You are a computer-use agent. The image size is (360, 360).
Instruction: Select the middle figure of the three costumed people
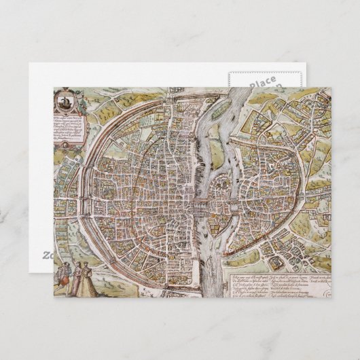(x=74, y=278)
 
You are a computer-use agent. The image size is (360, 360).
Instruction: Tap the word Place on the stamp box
(x=262, y=83)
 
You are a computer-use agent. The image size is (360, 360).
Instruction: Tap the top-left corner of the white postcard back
(x=29, y=64)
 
